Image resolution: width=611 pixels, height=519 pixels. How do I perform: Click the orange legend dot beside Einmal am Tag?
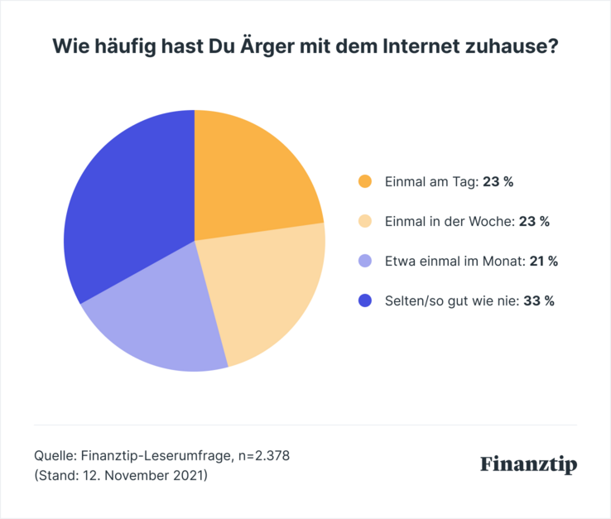[x=364, y=182]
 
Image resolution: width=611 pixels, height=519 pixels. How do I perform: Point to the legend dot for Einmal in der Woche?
[x=364, y=222]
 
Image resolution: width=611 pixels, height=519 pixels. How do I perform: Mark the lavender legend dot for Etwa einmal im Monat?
[x=364, y=262]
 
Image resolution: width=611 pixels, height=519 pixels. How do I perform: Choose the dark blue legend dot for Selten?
[x=364, y=301]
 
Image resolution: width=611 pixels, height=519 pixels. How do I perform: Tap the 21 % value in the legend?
[x=543, y=262]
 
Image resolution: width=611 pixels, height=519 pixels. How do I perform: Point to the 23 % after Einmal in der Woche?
[x=534, y=222]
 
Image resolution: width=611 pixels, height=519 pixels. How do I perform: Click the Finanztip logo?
[x=528, y=464]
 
